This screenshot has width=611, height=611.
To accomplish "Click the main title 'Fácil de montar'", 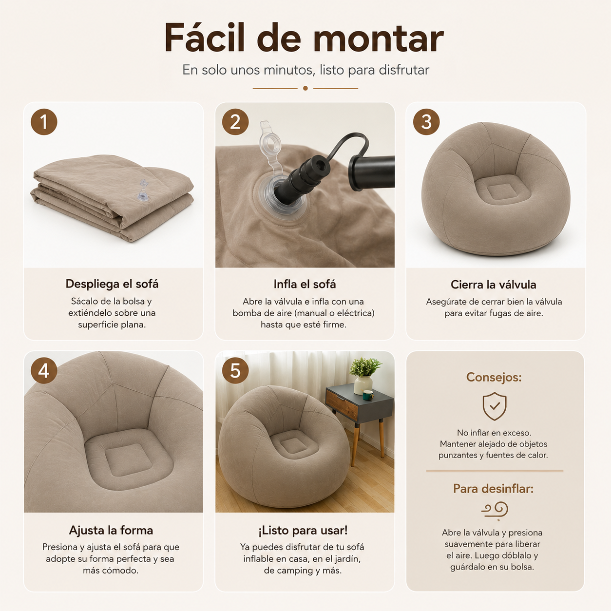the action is tap(304, 38).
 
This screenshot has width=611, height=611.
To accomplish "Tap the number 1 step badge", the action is tap(44, 122).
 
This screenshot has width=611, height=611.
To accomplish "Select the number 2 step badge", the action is tap(235, 122).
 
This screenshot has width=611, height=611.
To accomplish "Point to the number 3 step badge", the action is tap(426, 122).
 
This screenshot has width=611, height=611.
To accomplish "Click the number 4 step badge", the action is tap(44, 370).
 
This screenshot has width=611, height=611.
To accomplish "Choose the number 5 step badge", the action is tap(235, 370).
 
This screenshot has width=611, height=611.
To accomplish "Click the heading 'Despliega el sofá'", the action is tap(112, 284).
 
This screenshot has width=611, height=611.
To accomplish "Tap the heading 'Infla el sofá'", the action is tap(305, 284).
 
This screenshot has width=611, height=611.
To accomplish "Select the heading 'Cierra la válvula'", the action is tap(494, 285).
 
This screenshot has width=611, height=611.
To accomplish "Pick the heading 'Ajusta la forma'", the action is tap(111, 530).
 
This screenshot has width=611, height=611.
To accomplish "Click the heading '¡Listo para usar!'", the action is tap(303, 530).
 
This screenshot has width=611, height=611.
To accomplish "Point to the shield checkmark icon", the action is tap(495, 406).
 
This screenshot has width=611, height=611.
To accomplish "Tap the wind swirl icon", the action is tap(495, 509).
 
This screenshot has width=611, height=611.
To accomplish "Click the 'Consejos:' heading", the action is tap(494, 377).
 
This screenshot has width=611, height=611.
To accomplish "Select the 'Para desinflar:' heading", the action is tap(494, 489).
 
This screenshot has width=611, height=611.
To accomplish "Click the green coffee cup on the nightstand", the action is tap(368, 395).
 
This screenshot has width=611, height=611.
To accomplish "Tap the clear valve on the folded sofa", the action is tap(142, 191).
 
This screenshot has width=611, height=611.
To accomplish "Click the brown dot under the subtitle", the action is tap(305, 88).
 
